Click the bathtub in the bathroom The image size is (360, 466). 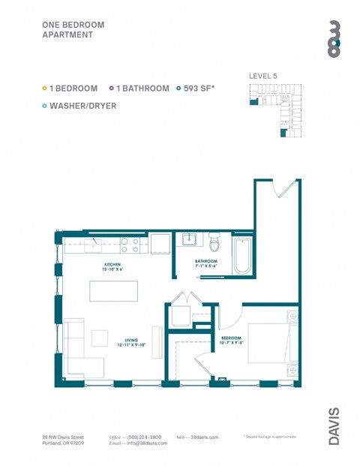point(243,256)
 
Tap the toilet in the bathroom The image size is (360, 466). point(214,243)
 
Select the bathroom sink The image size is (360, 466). point(189,241)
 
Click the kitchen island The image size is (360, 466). point(113,290)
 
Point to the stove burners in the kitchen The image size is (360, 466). point(130,243)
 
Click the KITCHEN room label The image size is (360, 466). point(113,265)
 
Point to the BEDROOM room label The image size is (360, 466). point(230,338)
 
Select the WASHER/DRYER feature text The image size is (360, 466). point(83,106)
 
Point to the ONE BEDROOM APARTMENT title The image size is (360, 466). point(73,29)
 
